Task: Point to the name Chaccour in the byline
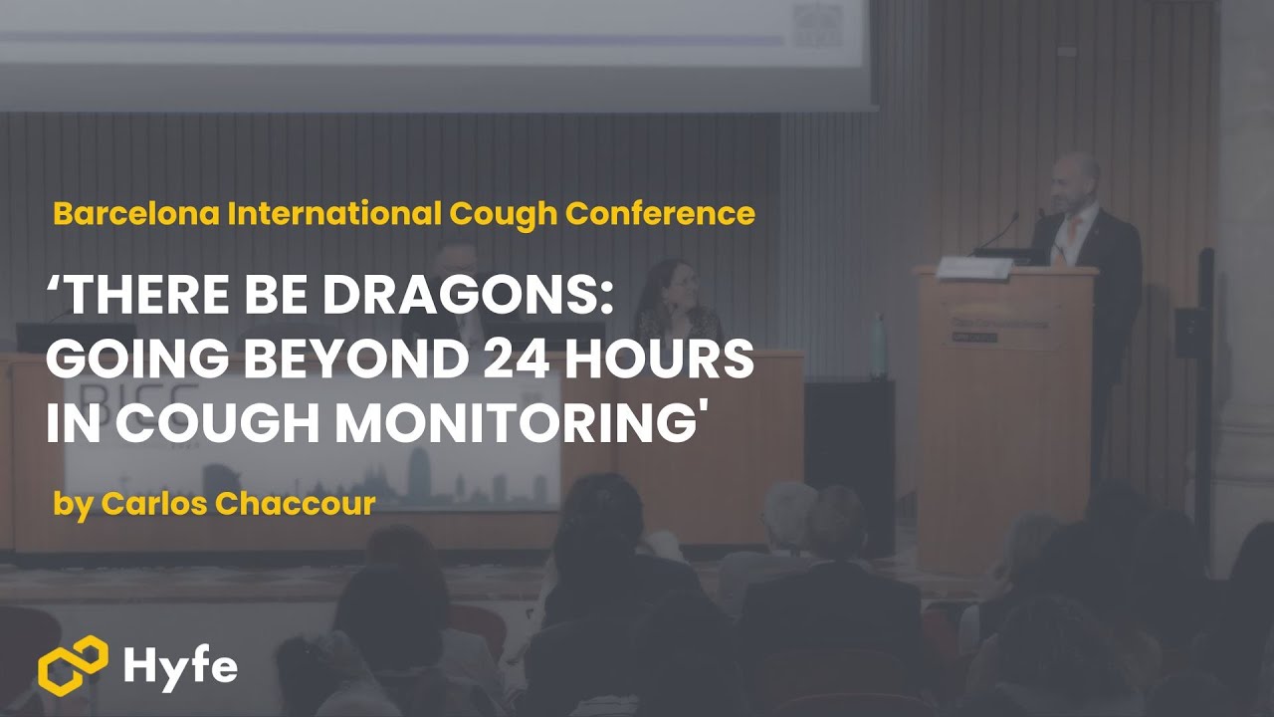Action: [x=296, y=504]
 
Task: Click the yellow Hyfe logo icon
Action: [x=73, y=664]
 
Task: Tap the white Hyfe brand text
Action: [x=180, y=665]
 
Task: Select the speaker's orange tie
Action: [x=1075, y=231]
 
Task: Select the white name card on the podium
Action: [x=973, y=267]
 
